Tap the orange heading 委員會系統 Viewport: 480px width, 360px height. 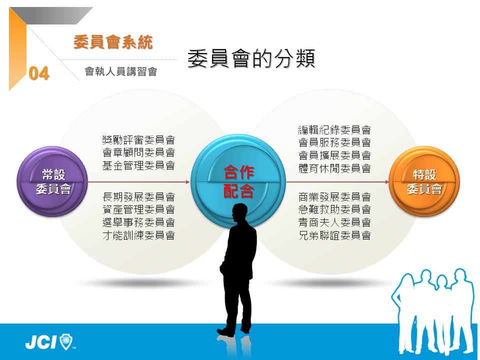click(113, 42)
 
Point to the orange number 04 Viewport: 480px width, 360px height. click(39, 73)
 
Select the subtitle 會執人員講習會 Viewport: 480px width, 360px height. click(121, 71)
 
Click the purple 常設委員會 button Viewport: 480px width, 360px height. click(52, 181)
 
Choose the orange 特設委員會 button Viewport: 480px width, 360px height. click(424, 181)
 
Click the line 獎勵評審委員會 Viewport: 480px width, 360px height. click(138, 140)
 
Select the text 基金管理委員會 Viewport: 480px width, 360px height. click(138, 165)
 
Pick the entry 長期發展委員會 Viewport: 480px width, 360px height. click(138, 196)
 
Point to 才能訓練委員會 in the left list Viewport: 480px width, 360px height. click(138, 235)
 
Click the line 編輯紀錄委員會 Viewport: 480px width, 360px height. click(334, 130)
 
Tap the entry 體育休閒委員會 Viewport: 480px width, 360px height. click(334, 168)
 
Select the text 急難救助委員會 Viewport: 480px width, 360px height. click(334, 209)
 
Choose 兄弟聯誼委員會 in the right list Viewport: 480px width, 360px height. click(334, 235)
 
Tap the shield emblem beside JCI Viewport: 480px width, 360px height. click(66, 341)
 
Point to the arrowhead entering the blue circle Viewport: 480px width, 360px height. click(188, 182)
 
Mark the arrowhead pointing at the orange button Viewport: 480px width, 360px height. click(387, 182)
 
